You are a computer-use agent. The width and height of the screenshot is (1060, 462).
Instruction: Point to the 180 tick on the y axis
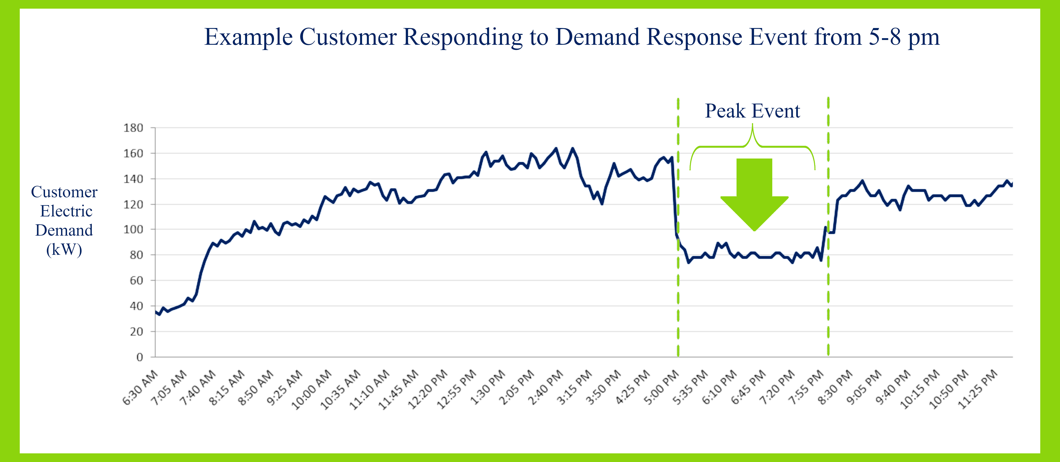(x=133, y=128)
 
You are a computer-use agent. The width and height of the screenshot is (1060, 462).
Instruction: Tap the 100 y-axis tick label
(x=133, y=229)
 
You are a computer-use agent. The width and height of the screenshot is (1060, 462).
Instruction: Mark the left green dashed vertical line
(x=678, y=288)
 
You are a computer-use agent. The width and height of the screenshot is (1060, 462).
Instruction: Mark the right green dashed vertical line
(x=828, y=288)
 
